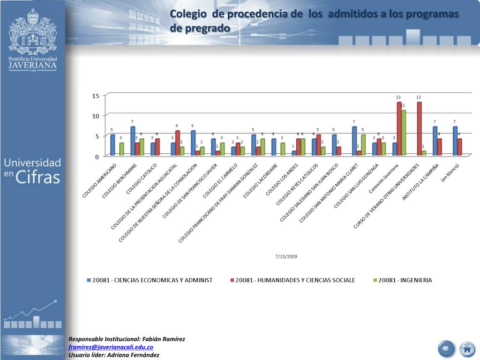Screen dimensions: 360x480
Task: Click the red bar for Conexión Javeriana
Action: [399, 128]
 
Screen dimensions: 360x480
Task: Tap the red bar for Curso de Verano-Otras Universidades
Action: [420, 128]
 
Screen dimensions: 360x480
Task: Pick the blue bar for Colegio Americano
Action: [112, 145]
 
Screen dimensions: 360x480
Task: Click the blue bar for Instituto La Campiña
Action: [435, 141]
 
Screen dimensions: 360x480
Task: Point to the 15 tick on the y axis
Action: [95, 96]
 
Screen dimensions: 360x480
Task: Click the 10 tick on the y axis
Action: [95, 116]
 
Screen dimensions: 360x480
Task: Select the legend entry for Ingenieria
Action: [405, 280]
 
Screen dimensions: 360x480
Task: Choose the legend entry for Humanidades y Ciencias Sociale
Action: [295, 280]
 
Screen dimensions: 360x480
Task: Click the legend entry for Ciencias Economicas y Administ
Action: [152, 280]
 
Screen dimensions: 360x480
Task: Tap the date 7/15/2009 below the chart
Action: [286, 256]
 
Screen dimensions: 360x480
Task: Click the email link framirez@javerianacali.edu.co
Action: [111, 347]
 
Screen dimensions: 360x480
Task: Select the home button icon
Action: [466, 349]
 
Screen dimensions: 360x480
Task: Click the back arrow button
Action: [446, 349]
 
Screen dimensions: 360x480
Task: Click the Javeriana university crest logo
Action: [32, 33]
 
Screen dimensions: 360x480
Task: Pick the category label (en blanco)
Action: [450, 173]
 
